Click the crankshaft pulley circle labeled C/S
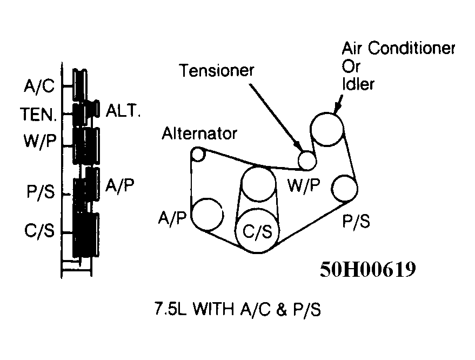256,232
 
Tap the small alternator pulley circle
198,154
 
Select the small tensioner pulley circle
307,160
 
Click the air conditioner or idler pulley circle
327,129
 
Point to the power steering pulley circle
345,188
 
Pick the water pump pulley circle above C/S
258,184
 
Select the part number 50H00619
367,269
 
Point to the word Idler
359,85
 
